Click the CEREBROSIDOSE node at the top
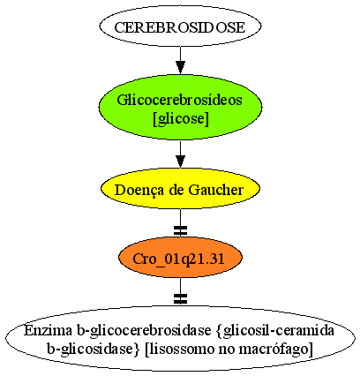click(x=180, y=26)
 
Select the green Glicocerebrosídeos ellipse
click(x=180, y=107)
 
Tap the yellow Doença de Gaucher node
click(x=180, y=189)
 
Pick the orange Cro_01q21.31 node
click(x=180, y=258)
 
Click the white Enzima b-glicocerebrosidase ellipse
click(x=180, y=338)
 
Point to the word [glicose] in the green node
click(x=181, y=119)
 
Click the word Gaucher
click(x=216, y=190)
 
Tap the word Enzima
click(x=48, y=330)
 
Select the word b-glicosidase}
click(x=94, y=350)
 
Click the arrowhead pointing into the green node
click(x=180, y=67)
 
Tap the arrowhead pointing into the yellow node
click(x=180, y=162)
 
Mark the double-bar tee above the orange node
click(x=180, y=231)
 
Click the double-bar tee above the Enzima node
click(x=180, y=299)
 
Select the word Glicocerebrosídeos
click(x=179, y=100)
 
